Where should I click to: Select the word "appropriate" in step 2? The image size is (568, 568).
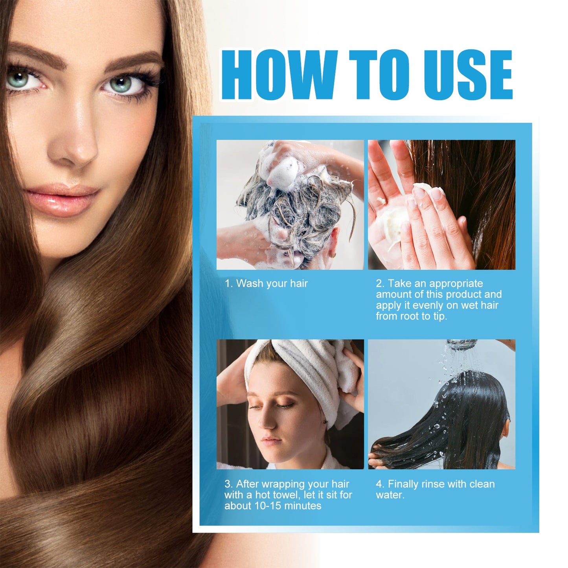[x=456, y=283]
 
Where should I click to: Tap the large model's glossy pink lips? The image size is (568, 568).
[x=63, y=199]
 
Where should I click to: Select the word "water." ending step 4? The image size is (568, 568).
[x=390, y=495]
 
